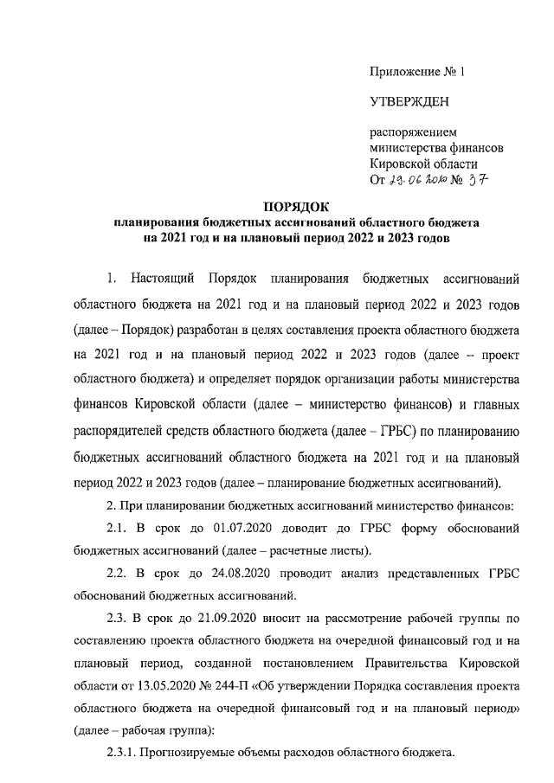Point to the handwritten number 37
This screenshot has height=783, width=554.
pyautogui.click(x=479, y=180)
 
